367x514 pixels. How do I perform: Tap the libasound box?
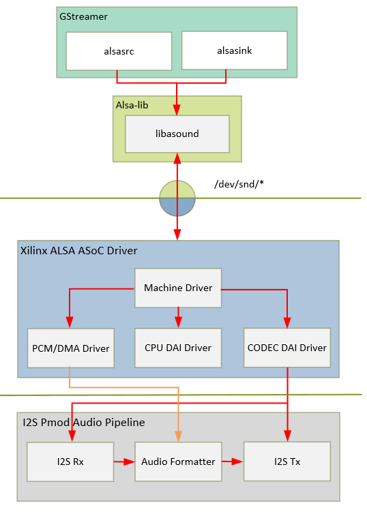177,134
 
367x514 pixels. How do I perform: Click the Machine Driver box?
178,288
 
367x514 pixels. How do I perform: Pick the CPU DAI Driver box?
178,348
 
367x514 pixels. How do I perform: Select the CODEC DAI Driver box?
287,348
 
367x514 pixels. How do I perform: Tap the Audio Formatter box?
178,462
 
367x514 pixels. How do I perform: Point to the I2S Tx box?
287,462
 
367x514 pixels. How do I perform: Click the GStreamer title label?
83,17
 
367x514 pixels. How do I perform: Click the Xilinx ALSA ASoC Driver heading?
79,251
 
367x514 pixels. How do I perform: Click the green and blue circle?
177,198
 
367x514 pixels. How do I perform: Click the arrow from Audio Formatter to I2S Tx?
233,462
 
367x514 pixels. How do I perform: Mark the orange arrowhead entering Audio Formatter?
178,436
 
